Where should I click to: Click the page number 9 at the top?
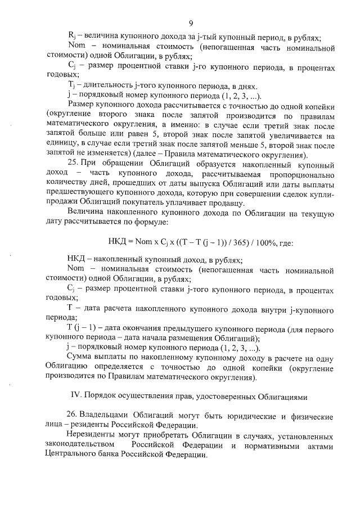pos(191,23)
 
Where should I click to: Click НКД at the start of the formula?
pos(117,243)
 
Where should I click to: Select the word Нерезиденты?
pos(91,435)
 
